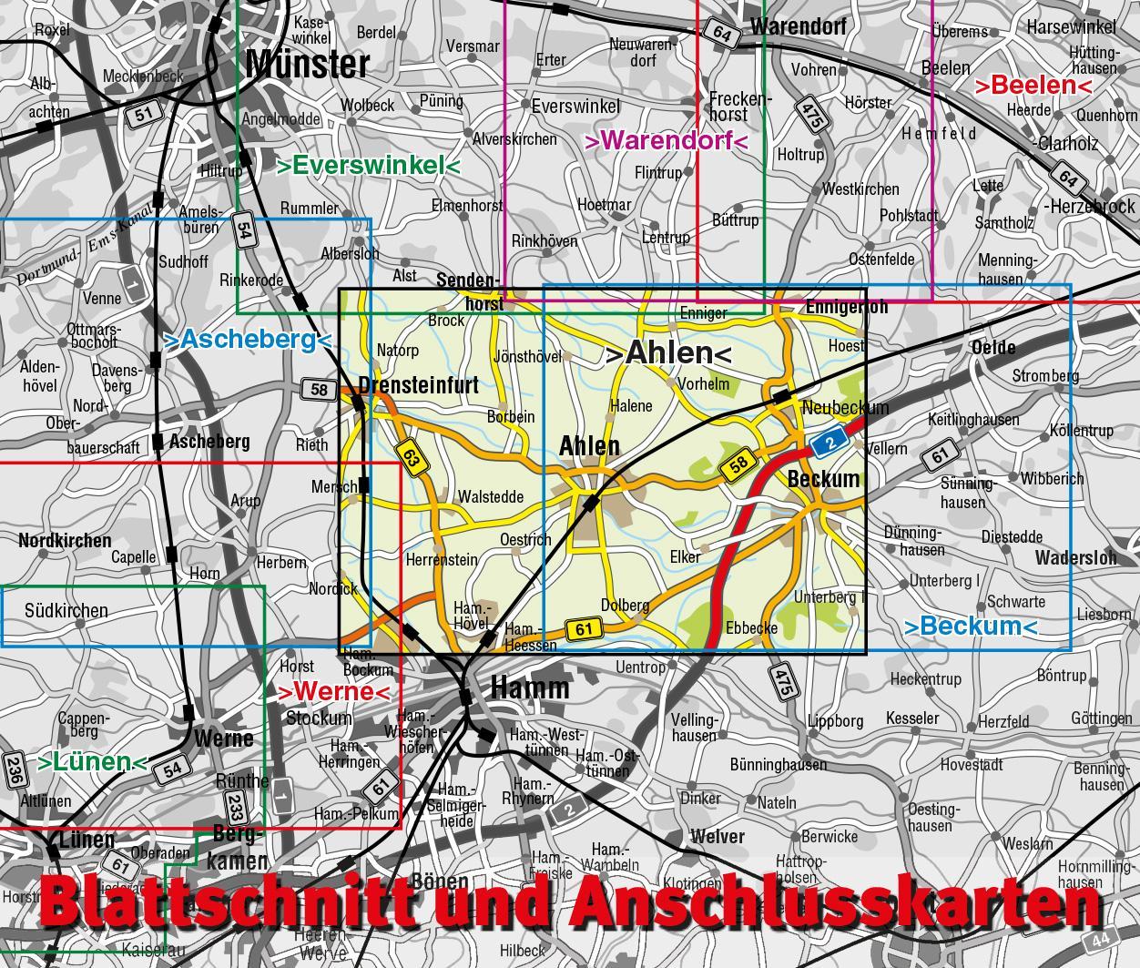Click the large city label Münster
click(x=308, y=64)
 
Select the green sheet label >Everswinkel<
click(x=369, y=165)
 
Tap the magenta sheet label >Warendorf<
click(x=666, y=141)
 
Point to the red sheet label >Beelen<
click(x=1033, y=86)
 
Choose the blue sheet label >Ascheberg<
click(x=246, y=340)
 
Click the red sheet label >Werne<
click(x=333, y=691)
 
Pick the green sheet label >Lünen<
click(x=92, y=762)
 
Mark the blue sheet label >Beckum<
click(x=970, y=627)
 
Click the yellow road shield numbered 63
click(x=412, y=456)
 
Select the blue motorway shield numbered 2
click(x=824, y=443)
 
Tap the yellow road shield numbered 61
click(x=583, y=628)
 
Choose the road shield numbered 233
click(x=235, y=805)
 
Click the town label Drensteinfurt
click(x=419, y=385)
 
